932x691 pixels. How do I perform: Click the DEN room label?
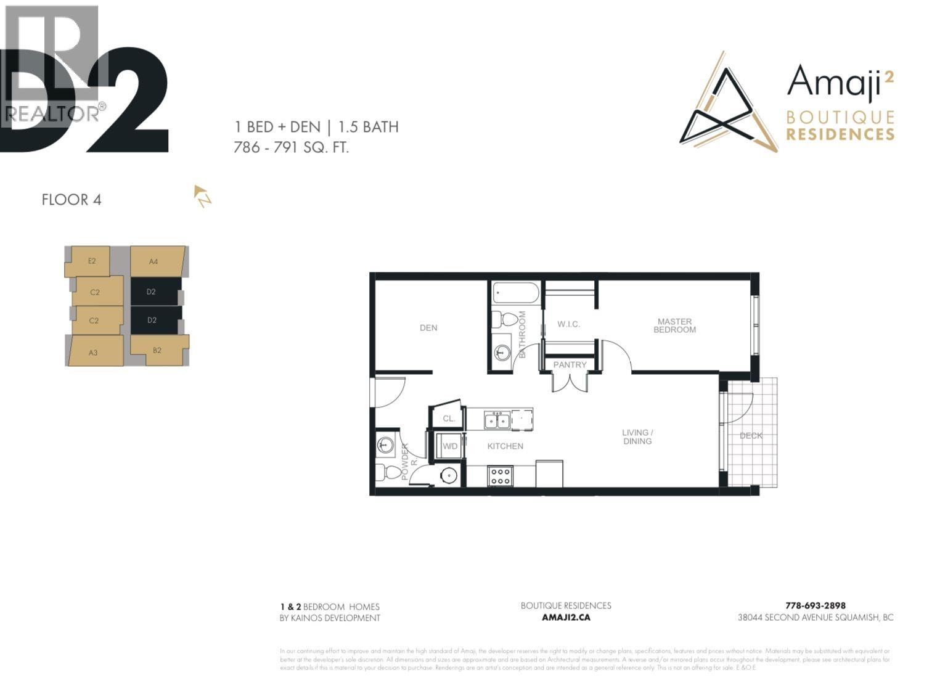[428, 328]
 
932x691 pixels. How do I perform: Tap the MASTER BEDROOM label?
[674, 325]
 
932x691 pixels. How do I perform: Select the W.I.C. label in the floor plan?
[568, 324]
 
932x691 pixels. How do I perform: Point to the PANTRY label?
[570, 365]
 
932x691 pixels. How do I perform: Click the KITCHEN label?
[505, 446]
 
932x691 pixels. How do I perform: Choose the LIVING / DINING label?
[637, 437]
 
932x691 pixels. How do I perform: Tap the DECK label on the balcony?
[751, 436]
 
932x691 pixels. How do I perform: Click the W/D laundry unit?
[451, 446]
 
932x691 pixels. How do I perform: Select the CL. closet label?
[449, 419]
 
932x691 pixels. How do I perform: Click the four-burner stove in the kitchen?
[500, 476]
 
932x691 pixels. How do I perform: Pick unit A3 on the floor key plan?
[94, 352]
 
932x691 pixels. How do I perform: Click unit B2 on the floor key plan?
[157, 351]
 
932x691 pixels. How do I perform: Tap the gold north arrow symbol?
[202, 195]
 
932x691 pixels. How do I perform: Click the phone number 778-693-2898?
[815, 605]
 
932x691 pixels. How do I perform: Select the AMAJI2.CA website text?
[565, 617]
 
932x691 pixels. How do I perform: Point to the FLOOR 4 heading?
[72, 200]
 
